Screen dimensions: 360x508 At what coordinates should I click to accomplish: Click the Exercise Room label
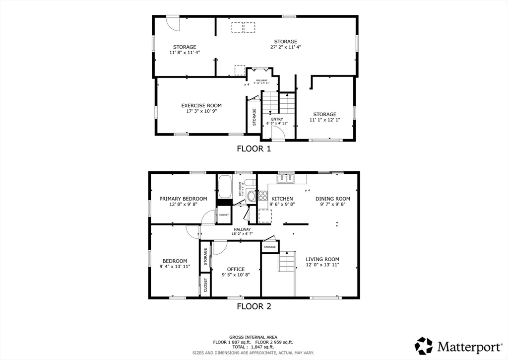coord(201,105)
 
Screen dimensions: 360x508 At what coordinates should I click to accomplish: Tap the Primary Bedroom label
coord(183,199)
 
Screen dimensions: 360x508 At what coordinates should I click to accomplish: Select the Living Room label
coord(322,259)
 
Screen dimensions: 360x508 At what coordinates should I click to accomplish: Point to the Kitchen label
coord(281,199)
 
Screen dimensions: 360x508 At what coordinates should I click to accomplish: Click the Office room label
coord(236,269)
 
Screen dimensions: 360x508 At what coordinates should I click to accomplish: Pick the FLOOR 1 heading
coord(254,148)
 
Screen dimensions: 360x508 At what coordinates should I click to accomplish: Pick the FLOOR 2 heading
coord(254,306)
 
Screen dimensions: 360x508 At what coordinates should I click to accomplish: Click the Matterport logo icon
coord(424,345)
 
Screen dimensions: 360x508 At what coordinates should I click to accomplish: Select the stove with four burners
coord(263,196)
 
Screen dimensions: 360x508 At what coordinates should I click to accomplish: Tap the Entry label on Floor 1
coord(277,119)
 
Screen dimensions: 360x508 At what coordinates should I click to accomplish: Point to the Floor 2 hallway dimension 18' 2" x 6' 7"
coord(242,233)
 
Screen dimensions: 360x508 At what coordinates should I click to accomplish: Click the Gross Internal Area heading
coord(253,337)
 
